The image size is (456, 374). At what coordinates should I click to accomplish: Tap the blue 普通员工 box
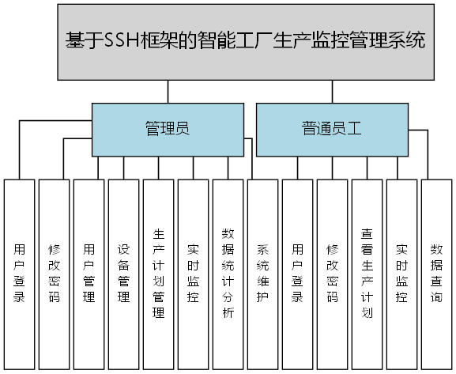[331, 129]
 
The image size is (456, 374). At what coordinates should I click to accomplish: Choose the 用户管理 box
[89, 274]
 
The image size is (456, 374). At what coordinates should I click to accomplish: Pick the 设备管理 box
[123, 274]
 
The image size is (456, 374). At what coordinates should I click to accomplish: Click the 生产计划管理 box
[158, 274]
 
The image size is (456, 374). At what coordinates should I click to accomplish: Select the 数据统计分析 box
[228, 274]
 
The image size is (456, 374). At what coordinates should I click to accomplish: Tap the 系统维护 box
[262, 274]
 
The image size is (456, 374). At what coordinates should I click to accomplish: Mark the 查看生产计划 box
[366, 274]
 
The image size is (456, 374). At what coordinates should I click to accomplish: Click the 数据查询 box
[435, 274]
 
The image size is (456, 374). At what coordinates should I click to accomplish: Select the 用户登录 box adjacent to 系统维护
[297, 274]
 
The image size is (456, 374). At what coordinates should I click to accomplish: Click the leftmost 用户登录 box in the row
[19, 274]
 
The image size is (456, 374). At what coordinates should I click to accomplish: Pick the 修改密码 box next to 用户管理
[54, 274]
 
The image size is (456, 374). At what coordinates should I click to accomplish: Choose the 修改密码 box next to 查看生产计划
[332, 274]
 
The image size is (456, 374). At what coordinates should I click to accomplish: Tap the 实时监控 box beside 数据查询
[401, 274]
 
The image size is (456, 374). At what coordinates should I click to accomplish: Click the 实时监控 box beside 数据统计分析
[193, 274]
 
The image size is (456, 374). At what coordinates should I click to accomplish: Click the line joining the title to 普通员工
[331, 92]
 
